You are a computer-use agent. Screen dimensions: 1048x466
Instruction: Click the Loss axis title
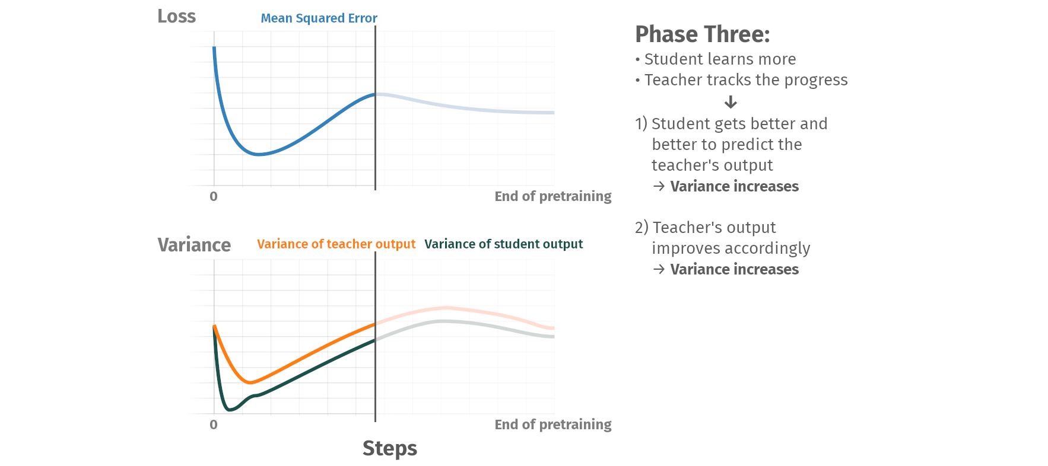coord(176,16)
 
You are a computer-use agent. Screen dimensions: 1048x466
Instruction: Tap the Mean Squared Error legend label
coord(319,18)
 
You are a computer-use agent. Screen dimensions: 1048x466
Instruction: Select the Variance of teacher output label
coord(336,244)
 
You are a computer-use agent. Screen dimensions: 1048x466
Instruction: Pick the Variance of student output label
coord(503,244)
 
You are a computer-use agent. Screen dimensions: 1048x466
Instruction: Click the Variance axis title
coord(194,244)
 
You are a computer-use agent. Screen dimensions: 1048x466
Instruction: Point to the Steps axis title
coord(389,448)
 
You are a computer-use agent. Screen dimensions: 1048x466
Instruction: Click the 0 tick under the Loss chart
coord(214,196)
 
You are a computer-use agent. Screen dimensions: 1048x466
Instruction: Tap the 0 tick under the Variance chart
coord(214,424)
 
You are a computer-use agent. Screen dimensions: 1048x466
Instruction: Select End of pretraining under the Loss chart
coord(552,196)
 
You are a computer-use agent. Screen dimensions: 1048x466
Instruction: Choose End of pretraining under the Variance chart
coord(552,424)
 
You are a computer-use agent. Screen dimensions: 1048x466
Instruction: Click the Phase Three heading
coord(702,34)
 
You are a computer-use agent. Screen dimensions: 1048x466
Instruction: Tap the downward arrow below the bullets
coord(731,102)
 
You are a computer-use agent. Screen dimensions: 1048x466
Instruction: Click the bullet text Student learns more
coord(720,59)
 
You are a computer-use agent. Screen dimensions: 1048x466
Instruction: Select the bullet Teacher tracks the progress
coord(746,80)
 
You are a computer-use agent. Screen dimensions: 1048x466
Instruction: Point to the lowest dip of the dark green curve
coord(230,409)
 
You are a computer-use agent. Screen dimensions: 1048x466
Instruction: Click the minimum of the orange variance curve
coord(250,382)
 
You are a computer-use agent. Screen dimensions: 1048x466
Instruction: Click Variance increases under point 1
coord(734,186)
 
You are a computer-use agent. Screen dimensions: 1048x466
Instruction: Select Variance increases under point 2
coord(734,269)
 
